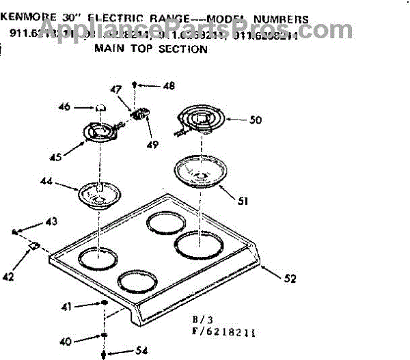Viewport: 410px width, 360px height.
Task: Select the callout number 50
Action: [255, 120]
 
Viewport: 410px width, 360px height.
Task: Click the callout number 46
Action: [83, 107]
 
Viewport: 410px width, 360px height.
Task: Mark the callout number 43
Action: [51, 221]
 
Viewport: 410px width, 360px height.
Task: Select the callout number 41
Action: [66, 307]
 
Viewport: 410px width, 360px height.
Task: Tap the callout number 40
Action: [66, 341]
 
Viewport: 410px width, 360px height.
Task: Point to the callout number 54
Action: [141, 351]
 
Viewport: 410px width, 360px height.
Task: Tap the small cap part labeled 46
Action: [101, 107]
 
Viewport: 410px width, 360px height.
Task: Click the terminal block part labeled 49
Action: [142, 114]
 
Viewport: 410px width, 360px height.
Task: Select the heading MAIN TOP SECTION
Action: [150, 49]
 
